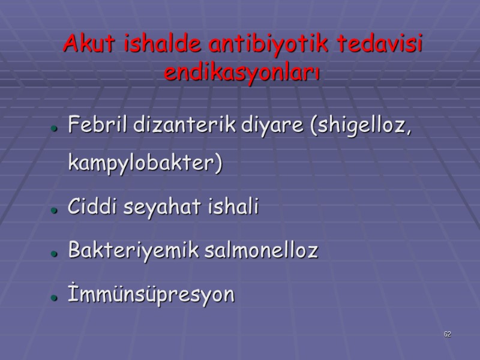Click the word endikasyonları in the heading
click(242, 74)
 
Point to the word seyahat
click(154, 208)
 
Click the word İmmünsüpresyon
click(152, 296)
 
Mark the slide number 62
click(448, 334)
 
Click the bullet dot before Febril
click(54, 129)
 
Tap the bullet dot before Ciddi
click(54, 210)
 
